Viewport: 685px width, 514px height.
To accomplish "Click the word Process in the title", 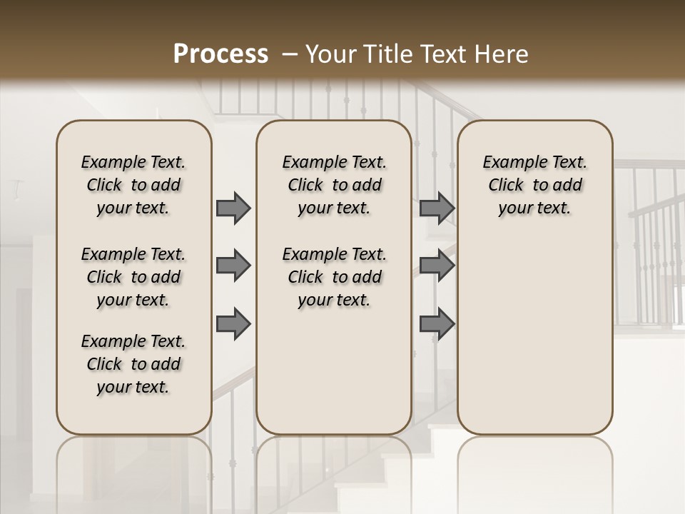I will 220,54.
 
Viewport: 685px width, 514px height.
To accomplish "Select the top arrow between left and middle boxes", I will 233,208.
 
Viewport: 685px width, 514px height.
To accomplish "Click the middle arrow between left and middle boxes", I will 233,266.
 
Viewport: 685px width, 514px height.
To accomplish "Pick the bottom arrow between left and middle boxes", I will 233,323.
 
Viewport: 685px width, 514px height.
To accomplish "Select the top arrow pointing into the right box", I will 437,208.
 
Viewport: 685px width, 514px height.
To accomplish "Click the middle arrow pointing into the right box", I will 437,266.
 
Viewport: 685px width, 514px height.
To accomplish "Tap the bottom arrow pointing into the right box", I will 437,323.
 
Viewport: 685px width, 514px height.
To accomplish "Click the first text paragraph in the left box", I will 133,185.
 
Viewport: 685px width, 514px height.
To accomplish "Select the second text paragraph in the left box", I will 133,277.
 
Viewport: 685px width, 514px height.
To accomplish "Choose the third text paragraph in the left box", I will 133,364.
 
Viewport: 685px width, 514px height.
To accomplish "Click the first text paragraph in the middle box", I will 334,185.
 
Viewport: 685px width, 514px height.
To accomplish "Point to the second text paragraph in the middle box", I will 334,277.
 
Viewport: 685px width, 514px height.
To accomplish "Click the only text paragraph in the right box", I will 534,185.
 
